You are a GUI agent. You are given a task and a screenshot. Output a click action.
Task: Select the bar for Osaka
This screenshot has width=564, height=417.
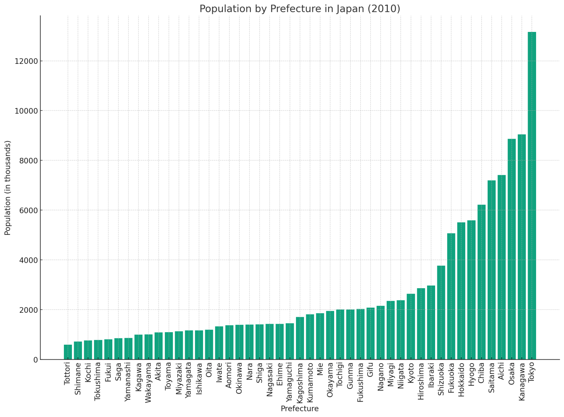pos(511,249)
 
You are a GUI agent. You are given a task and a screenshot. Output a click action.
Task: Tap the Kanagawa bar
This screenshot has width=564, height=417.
pos(522,247)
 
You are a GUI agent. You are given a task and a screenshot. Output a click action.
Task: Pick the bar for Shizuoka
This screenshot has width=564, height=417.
pos(441,312)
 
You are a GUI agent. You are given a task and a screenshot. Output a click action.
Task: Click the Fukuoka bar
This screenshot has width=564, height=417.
pos(451,296)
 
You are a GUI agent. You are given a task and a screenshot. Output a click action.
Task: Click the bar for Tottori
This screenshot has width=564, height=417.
pos(68,352)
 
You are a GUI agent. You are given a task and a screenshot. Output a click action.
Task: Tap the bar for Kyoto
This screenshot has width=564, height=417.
pos(411,326)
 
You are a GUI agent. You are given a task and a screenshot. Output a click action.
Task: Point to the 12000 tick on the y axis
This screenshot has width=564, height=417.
pos(26,61)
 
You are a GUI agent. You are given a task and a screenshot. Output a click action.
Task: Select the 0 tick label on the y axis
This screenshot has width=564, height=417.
pos(35,360)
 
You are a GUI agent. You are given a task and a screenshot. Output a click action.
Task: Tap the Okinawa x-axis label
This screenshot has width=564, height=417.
pos(239,378)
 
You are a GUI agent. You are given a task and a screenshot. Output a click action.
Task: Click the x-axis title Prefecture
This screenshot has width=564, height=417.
pos(300,409)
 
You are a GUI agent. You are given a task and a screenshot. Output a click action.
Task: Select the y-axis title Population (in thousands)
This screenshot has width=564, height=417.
pos(8,188)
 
